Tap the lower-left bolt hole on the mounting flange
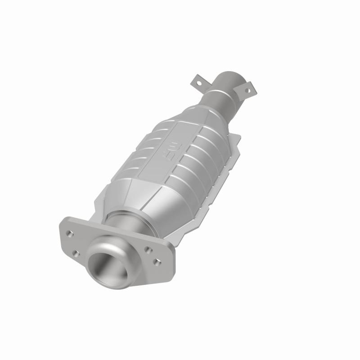click(76, 254)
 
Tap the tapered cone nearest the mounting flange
click(135, 198)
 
